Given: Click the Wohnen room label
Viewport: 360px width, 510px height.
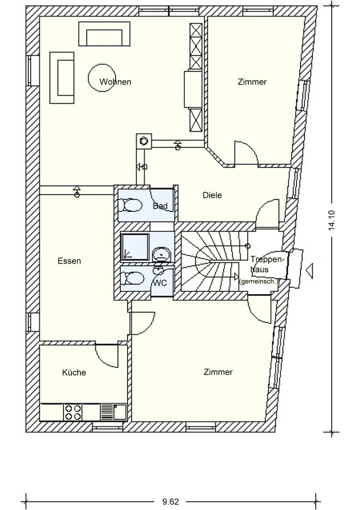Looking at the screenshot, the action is (115, 82).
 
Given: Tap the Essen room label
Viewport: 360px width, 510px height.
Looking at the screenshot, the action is (69, 261).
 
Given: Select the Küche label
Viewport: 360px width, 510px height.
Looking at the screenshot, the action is (74, 372).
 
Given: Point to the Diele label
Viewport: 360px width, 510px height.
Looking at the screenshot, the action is (212, 195).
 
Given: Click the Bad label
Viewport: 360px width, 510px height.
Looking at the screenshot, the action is (160, 206).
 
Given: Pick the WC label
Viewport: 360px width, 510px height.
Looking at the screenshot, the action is (160, 283).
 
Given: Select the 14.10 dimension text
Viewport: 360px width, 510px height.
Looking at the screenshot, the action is (332, 220).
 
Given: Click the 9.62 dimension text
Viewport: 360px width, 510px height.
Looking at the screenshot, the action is (171, 502).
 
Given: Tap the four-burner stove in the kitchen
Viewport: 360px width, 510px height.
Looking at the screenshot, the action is (73, 412).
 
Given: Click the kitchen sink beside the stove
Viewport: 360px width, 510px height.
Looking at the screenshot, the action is (113, 412).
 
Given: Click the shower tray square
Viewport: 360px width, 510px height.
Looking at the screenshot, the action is (135, 247).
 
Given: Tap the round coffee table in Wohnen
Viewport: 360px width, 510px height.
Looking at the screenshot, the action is (101, 78).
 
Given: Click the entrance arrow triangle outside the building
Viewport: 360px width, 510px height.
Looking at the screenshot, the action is (311, 270).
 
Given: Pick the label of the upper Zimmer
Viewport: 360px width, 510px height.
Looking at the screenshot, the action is (252, 82).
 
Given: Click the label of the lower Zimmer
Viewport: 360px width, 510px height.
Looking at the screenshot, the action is (218, 372).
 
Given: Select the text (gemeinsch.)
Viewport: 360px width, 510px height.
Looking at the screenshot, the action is (259, 282).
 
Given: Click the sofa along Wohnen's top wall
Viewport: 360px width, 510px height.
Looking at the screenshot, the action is (104, 33).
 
